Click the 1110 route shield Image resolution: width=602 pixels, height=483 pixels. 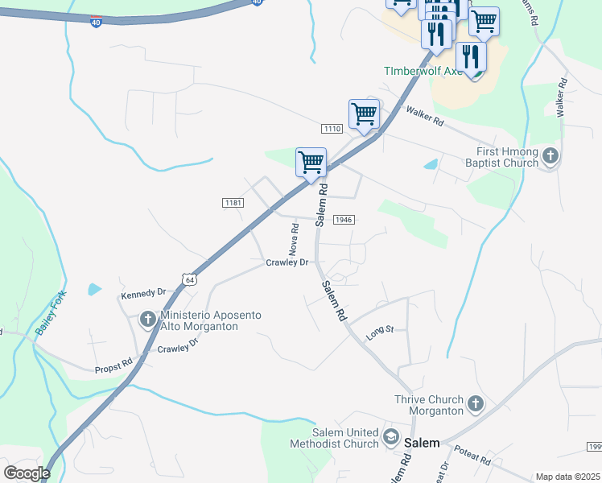point(332,129)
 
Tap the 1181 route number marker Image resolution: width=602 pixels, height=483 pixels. point(233,202)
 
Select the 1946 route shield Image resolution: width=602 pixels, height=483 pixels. point(344,220)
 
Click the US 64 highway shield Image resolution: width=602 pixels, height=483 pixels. point(189,279)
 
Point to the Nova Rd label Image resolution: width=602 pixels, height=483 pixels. point(295,237)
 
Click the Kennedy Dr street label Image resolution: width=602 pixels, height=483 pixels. point(142,293)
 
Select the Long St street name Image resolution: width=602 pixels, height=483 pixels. point(380,332)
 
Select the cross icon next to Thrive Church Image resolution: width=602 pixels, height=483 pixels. point(476,405)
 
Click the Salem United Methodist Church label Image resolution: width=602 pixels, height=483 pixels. point(334,438)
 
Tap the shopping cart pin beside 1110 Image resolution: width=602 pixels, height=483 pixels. point(364,114)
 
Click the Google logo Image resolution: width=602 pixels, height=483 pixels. point(27,473)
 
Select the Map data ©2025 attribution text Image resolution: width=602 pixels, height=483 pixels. point(567,477)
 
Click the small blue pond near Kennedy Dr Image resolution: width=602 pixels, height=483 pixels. point(95,288)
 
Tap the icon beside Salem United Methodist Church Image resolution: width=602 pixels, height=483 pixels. point(391,437)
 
